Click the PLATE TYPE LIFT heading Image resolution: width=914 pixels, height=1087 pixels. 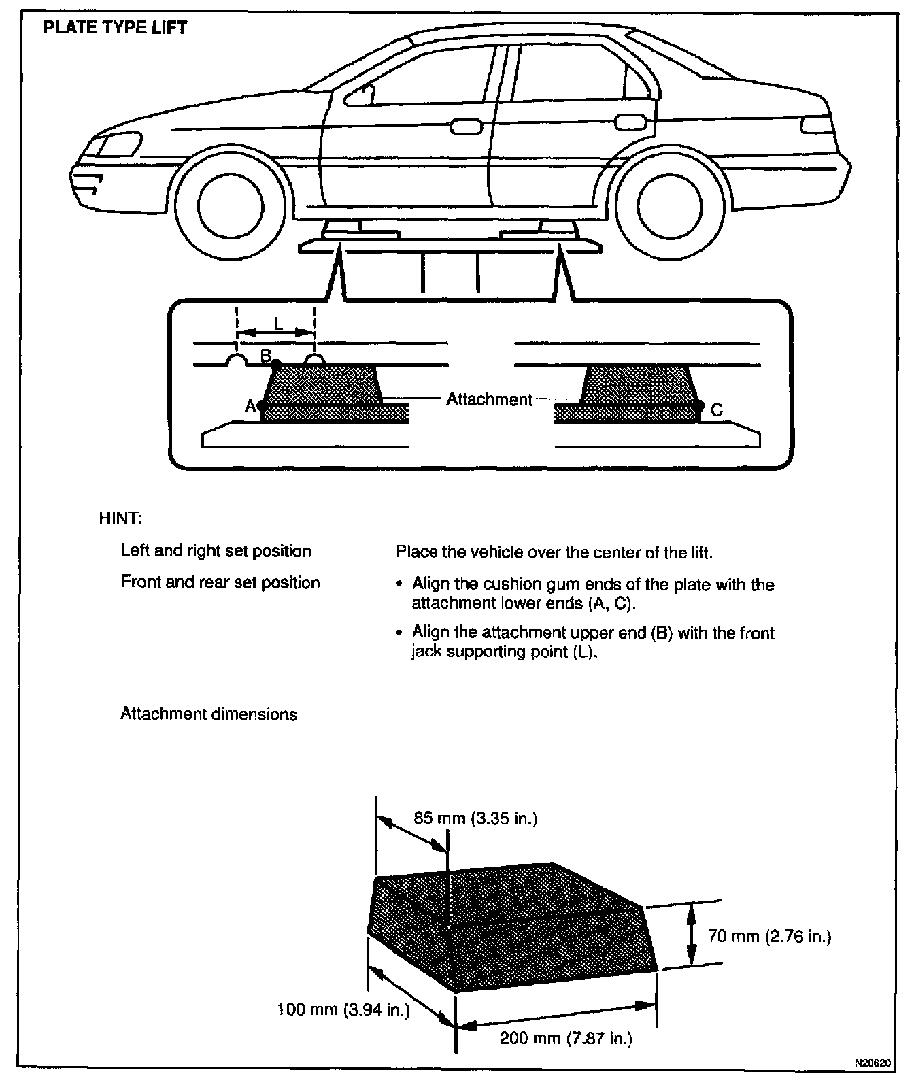pyautogui.click(x=115, y=29)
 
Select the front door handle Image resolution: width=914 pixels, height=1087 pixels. pyautogui.click(x=465, y=126)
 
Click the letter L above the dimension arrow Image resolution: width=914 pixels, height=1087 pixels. pyautogui.click(x=277, y=324)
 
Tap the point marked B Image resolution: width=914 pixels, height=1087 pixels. pyautogui.click(x=276, y=365)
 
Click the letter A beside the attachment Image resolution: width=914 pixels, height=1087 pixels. pyautogui.click(x=250, y=406)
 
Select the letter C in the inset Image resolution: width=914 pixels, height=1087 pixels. pyautogui.click(x=716, y=410)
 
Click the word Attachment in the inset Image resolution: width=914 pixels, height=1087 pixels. pyautogui.click(x=489, y=399)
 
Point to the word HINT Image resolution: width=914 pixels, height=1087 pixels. pyautogui.click(x=120, y=518)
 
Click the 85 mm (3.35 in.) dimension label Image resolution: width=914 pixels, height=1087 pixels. pyautogui.click(x=475, y=818)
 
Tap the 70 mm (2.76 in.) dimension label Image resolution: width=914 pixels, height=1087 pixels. pyautogui.click(x=769, y=937)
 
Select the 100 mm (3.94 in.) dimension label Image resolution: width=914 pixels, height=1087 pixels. pyautogui.click(x=344, y=1009)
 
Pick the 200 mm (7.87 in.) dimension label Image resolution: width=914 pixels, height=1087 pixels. pyautogui.click(x=566, y=1038)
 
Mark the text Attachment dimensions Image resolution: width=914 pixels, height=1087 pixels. pyautogui.click(x=209, y=714)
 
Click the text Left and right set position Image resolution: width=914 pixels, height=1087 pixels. pyautogui.click(x=216, y=550)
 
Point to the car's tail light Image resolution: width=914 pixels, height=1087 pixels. pyautogui.click(x=816, y=124)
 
